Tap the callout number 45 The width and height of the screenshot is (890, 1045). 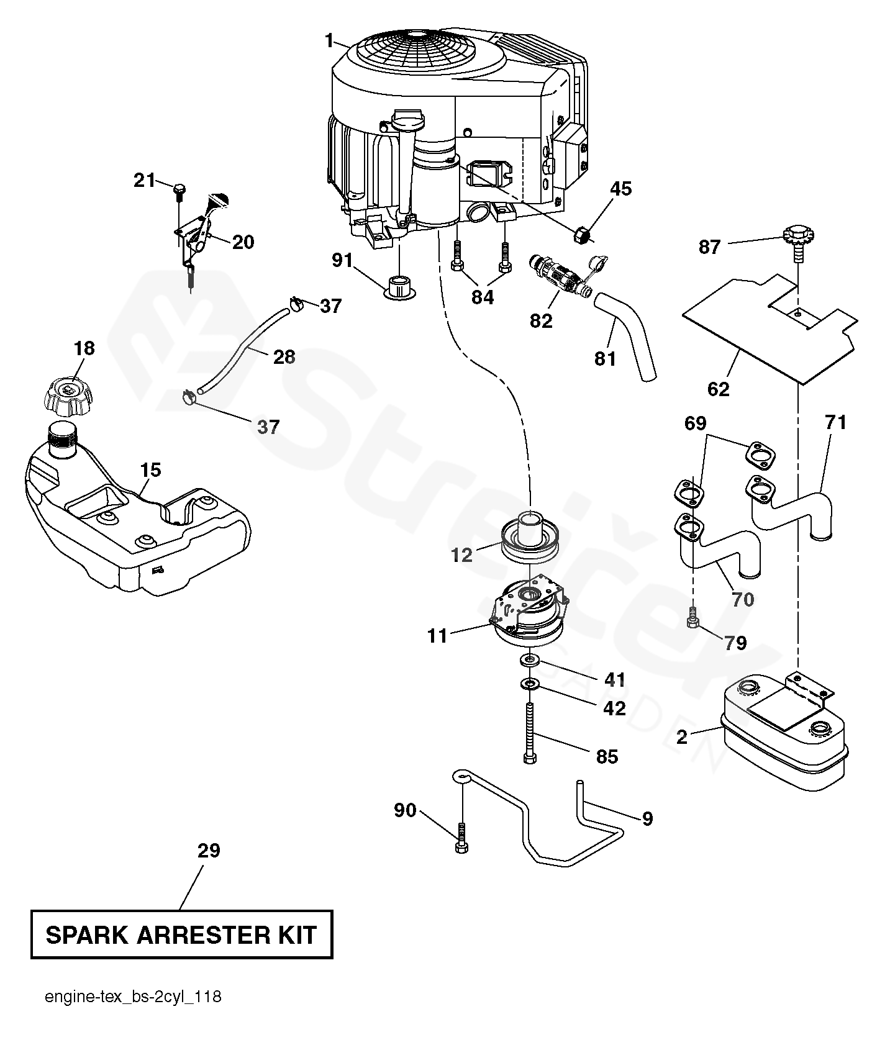[x=620, y=189]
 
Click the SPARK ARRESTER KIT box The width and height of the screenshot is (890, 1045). [x=181, y=934]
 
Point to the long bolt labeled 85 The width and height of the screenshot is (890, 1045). [x=529, y=733]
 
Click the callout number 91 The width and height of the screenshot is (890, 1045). [x=342, y=260]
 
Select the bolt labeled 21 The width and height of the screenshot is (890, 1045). [x=179, y=192]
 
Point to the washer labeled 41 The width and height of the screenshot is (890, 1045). [x=530, y=659]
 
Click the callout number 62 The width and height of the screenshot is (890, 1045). [x=719, y=389]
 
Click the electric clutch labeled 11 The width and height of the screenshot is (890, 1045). [x=529, y=612]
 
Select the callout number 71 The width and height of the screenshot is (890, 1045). [x=835, y=422]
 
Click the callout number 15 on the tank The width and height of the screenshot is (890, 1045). [x=150, y=470]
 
